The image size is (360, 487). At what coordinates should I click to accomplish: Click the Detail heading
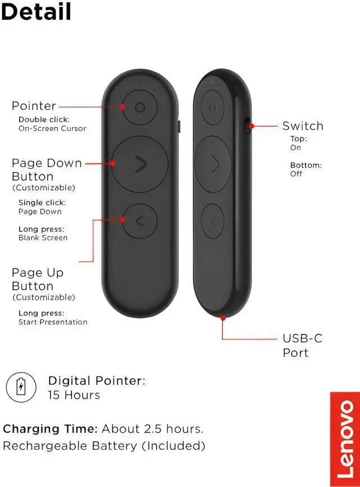[x=36, y=11]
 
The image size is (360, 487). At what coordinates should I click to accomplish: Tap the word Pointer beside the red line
[x=34, y=106]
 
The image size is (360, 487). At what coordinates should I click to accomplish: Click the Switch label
[x=303, y=126]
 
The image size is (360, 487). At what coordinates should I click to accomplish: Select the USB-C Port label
[x=302, y=345]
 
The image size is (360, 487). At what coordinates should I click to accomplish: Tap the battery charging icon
[x=21, y=387]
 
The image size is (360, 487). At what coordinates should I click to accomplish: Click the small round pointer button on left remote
[x=139, y=107]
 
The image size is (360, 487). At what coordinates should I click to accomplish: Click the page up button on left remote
[x=139, y=220]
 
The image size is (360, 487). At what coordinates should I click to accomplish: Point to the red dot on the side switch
[x=251, y=126]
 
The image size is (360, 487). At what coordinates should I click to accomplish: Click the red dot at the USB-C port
[x=223, y=318]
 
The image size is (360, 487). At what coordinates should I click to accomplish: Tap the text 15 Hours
[x=74, y=395]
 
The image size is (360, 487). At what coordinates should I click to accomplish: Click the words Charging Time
[x=50, y=428]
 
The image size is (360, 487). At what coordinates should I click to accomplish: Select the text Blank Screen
[x=43, y=238]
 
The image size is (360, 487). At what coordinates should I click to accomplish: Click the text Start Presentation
[x=53, y=322]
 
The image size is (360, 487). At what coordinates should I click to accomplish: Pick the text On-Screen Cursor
[x=52, y=128]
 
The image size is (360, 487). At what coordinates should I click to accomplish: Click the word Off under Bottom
[x=296, y=174]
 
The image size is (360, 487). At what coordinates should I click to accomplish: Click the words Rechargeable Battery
[x=70, y=446]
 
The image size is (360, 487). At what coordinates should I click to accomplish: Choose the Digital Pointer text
[x=96, y=381]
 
